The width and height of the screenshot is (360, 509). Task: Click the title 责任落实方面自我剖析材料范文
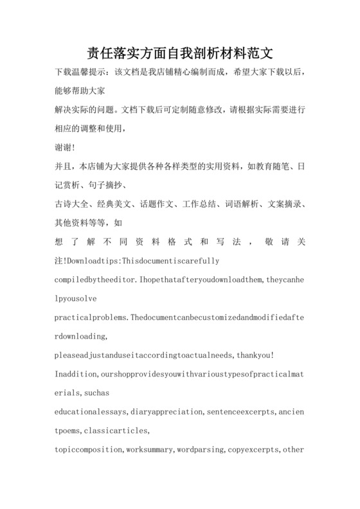179,51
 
